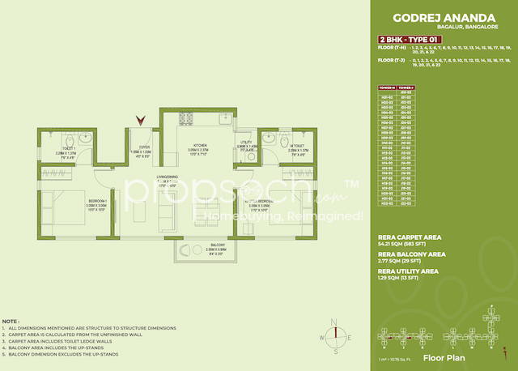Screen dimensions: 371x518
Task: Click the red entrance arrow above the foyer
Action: point(142,119)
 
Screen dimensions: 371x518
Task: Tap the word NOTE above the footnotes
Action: point(13,322)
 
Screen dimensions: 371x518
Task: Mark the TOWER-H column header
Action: point(386,87)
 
